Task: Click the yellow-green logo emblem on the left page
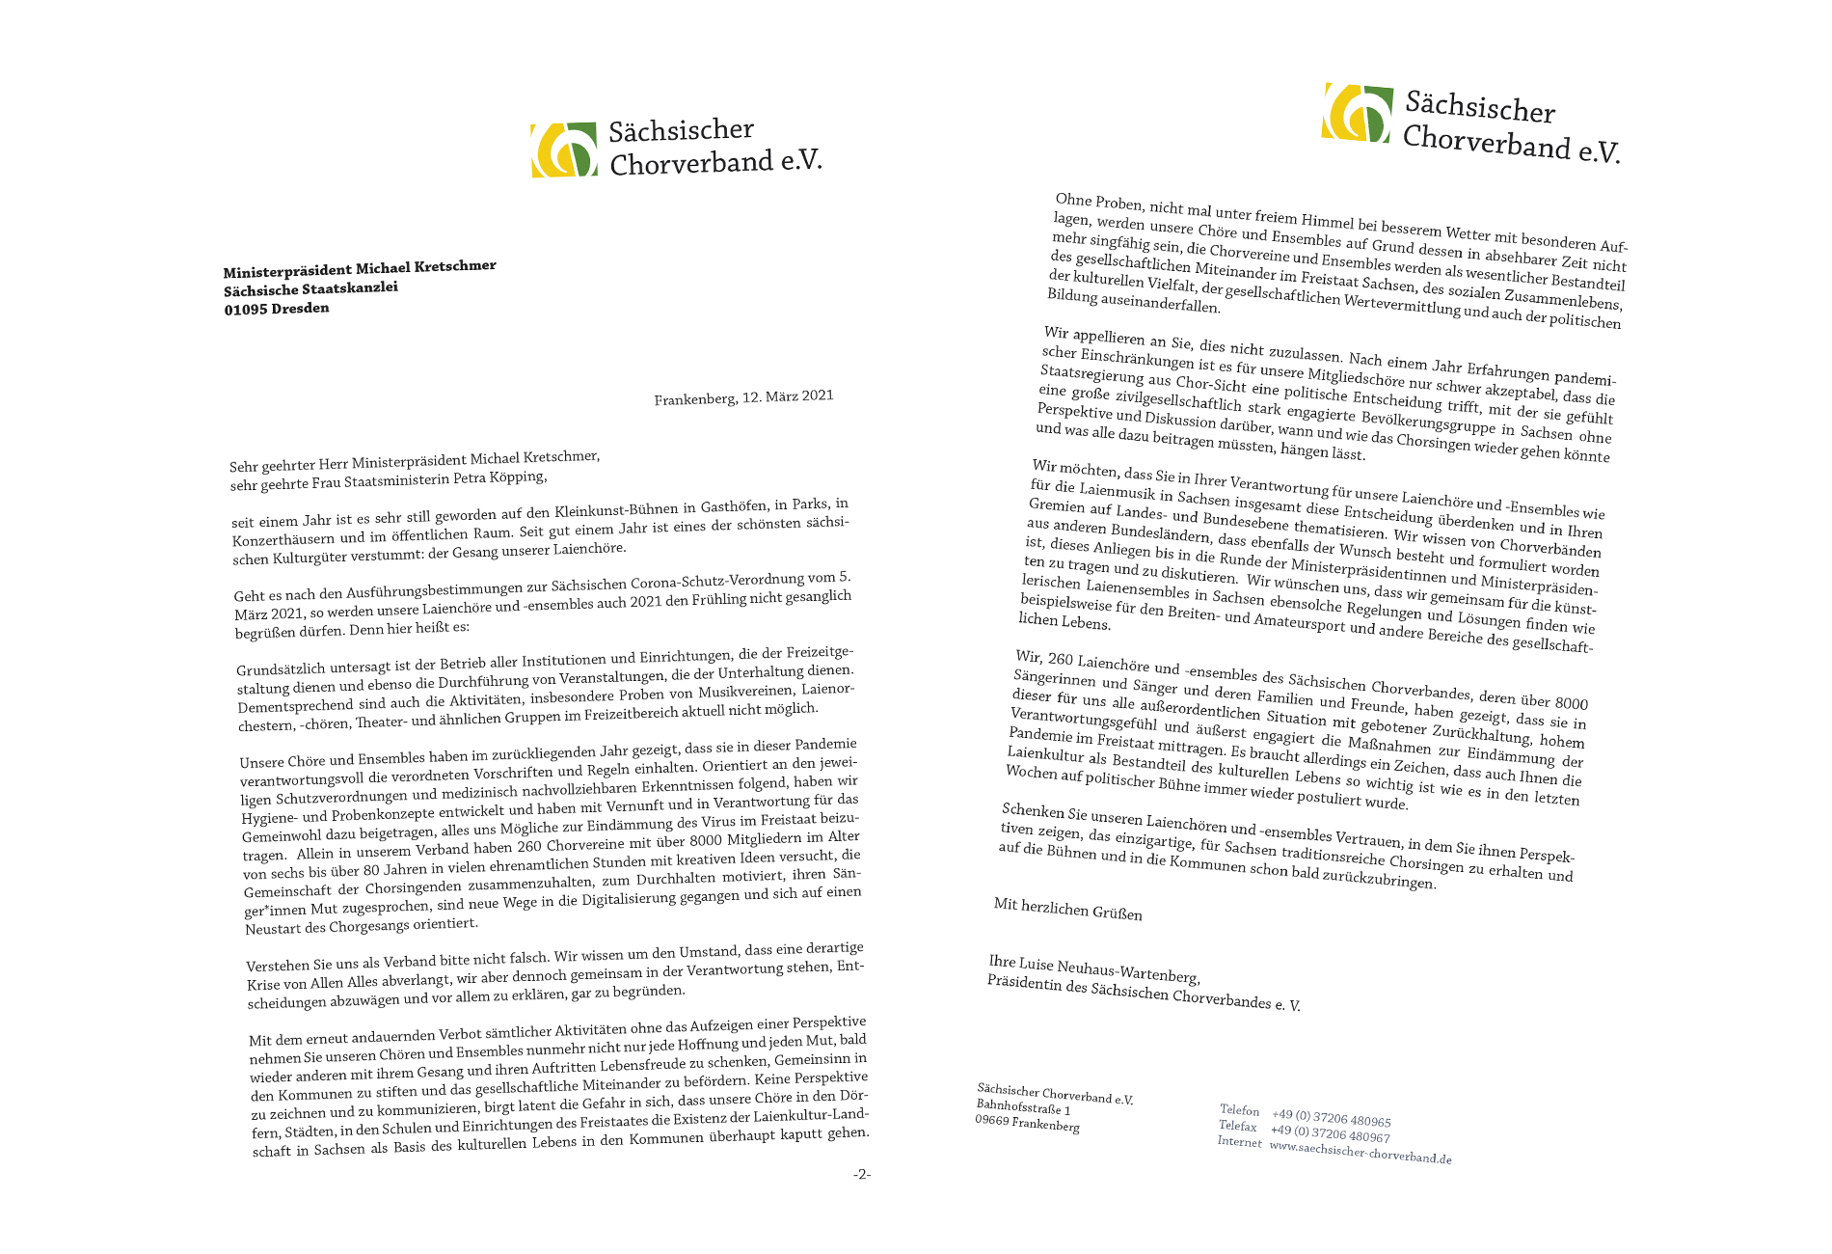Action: (x=564, y=150)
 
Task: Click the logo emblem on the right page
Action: (x=1357, y=113)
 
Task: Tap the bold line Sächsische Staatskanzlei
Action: (x=310, y=288)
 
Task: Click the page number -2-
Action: (x=861, y=1174)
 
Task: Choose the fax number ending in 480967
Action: (x=1330, y=1134)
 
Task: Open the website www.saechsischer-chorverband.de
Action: (x=1360, y=1152)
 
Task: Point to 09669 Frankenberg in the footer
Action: (x=1027, y=1124)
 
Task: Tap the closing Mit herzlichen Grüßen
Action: (x=1067, y=909)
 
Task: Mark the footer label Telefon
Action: (x=1239, y=1110)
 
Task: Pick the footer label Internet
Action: (x=1239, y=1142)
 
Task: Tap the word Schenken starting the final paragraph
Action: (x=1033, y=811)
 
